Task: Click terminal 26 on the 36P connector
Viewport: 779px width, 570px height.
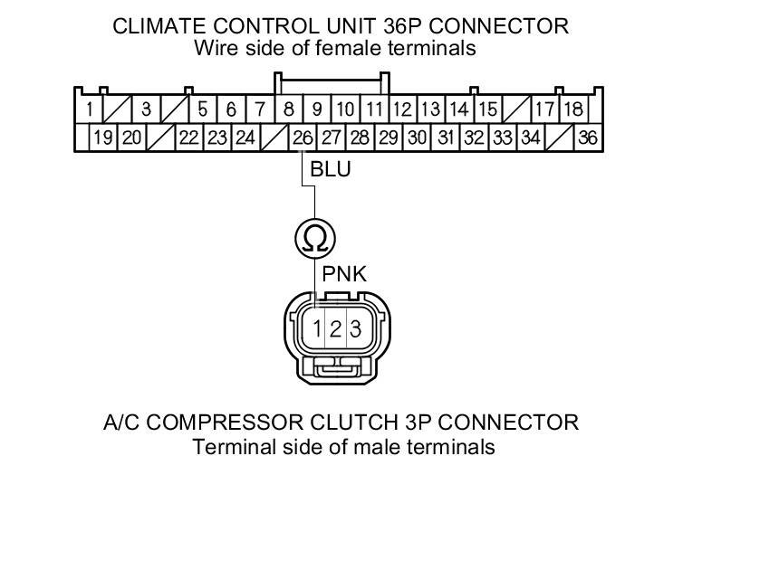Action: pyautogui.click(x=303, y=138)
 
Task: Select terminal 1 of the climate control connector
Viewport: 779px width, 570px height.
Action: pyautogui.click(x=89, y=110)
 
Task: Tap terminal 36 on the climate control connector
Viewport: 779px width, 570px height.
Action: pyautogui.click(x=588, y=138)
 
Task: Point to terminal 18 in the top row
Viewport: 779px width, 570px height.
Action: pyautogui.click(x=572, y=110)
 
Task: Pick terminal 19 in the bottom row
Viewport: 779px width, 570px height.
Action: pyautogui.click(x=102, y=138)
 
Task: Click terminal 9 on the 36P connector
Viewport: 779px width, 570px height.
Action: pyautogui.click(x=317, y=110)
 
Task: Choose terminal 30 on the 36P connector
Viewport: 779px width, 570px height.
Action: pyautogui.click(x=417, y=138)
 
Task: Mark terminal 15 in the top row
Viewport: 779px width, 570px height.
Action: pyautogui.click(x=487, y=110)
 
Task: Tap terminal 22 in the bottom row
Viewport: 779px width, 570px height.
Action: pyautogui.click(x=188, y=138)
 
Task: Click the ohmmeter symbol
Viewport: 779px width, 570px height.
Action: pyautogui.click(x=315, y=239)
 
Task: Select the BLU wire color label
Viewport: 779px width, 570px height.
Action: pyautogui.click(x=330, y=168)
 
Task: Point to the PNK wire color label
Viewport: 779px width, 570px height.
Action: pyautogui.click(x=344, y=274)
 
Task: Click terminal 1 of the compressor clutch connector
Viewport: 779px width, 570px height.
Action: pyautogui.click(x=317, y=329)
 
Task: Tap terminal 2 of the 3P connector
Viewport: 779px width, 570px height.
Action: pyautogui.click(x=335, y=329)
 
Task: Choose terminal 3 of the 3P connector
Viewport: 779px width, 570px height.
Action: pyautogui.click(x=355, y=329)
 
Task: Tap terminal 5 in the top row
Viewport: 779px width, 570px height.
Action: pyautogui.click(x=203, y=110)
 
